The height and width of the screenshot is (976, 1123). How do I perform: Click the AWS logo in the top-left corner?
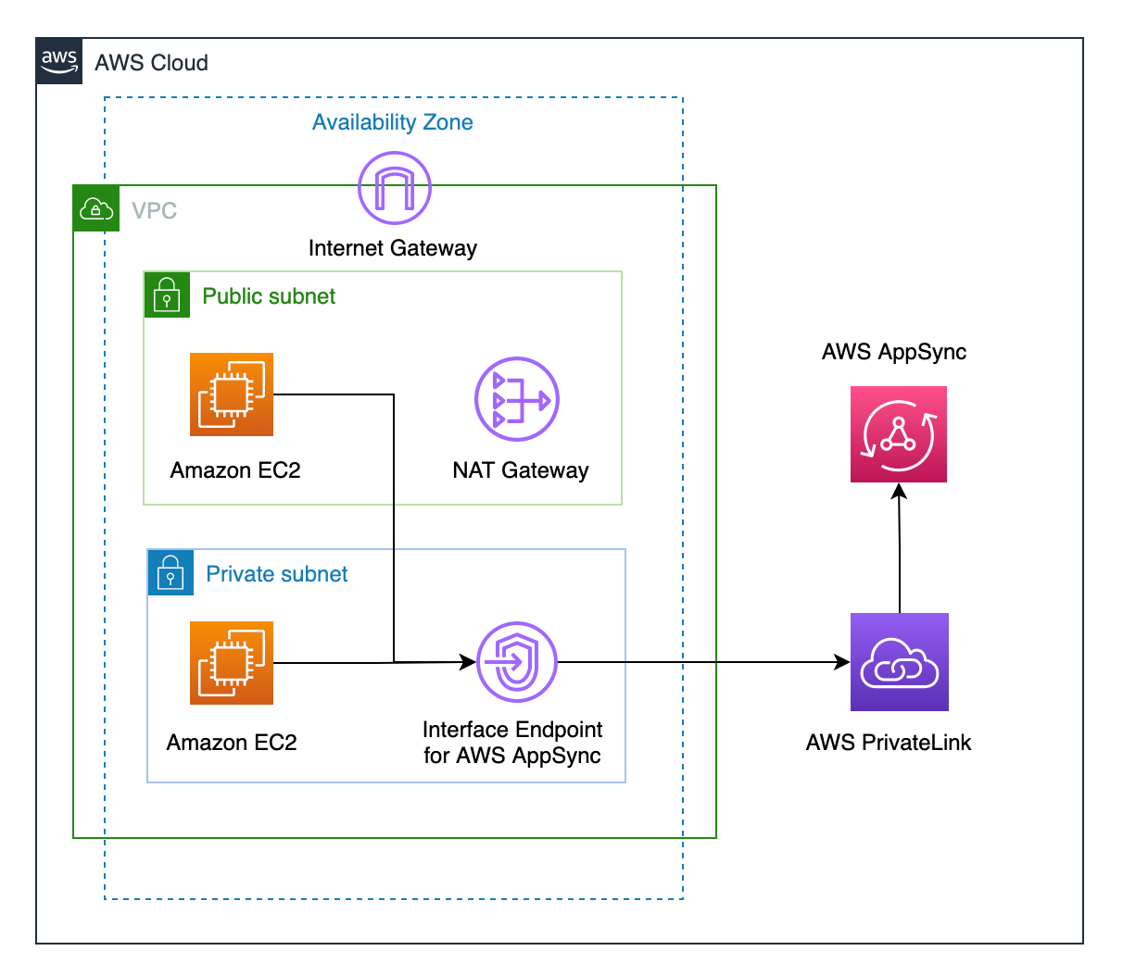(x=59, y=61)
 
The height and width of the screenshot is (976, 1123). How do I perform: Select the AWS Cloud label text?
(x=151, y=63)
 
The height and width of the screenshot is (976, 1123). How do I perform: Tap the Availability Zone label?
(x=392, y=122)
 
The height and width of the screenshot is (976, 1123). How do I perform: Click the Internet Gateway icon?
(x=395, y=188)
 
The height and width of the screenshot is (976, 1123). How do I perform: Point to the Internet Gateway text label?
(x=392, y=248)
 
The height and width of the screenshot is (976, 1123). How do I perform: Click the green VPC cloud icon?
(x=96, y=208)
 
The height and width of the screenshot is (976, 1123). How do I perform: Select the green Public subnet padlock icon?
(x=167, y=295)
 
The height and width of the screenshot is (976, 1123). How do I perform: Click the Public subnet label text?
(x=269, y=296)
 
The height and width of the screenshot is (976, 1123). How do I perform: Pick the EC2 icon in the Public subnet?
(x=232, y=394)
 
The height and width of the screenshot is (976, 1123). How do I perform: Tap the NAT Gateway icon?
(x=517, y=399)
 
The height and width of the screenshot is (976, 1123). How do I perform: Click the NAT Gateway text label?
(x=520, y=470)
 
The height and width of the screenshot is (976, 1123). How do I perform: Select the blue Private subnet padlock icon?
(x=170, y=573)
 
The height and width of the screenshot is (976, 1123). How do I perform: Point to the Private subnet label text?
(x=276, y=574)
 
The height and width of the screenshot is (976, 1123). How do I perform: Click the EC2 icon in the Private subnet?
(x=232, y=663)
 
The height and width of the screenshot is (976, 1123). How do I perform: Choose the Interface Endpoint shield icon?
(x=517, y=662)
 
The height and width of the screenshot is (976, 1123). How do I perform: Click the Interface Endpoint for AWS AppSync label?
(x=512, y=743)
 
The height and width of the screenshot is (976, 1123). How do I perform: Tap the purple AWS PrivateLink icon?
(x=900, y=662)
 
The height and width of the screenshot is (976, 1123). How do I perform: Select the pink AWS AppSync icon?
(x=899, y=434)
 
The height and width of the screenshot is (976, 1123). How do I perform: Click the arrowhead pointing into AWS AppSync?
(x=899, y=492)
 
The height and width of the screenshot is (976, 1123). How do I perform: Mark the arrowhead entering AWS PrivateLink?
(x=841, y=662)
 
